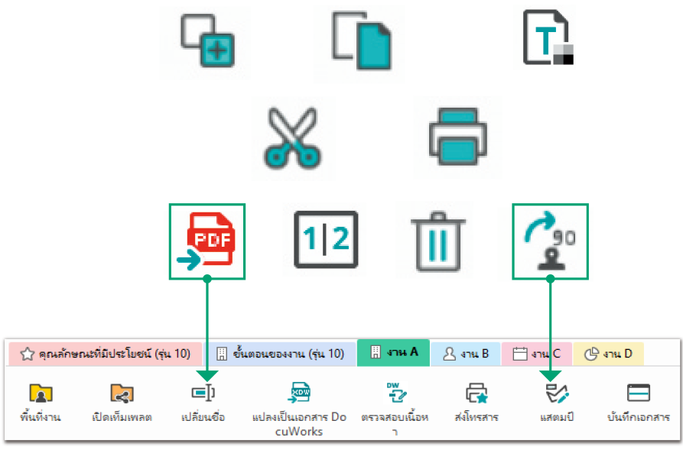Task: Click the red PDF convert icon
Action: (207, 241)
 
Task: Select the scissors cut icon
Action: (293, 138)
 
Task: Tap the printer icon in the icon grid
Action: (457, 137)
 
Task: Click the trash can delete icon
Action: (434, 239)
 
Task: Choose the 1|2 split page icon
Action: (324, 239)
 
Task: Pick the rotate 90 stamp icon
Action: (550, 242)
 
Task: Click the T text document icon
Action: (544, 37)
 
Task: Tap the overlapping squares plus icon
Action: (205, 42)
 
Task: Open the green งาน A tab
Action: (394, 353)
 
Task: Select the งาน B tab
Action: (466, 354)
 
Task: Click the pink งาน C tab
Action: (536, 354)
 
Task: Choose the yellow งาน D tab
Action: (608, 354)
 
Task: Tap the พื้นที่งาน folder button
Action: (41, 403)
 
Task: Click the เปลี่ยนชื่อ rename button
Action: (203, 403)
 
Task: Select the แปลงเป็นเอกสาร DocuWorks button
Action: (299, 409)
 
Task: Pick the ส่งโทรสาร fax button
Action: (476, 403)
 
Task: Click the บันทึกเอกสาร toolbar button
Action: (638, 403)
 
